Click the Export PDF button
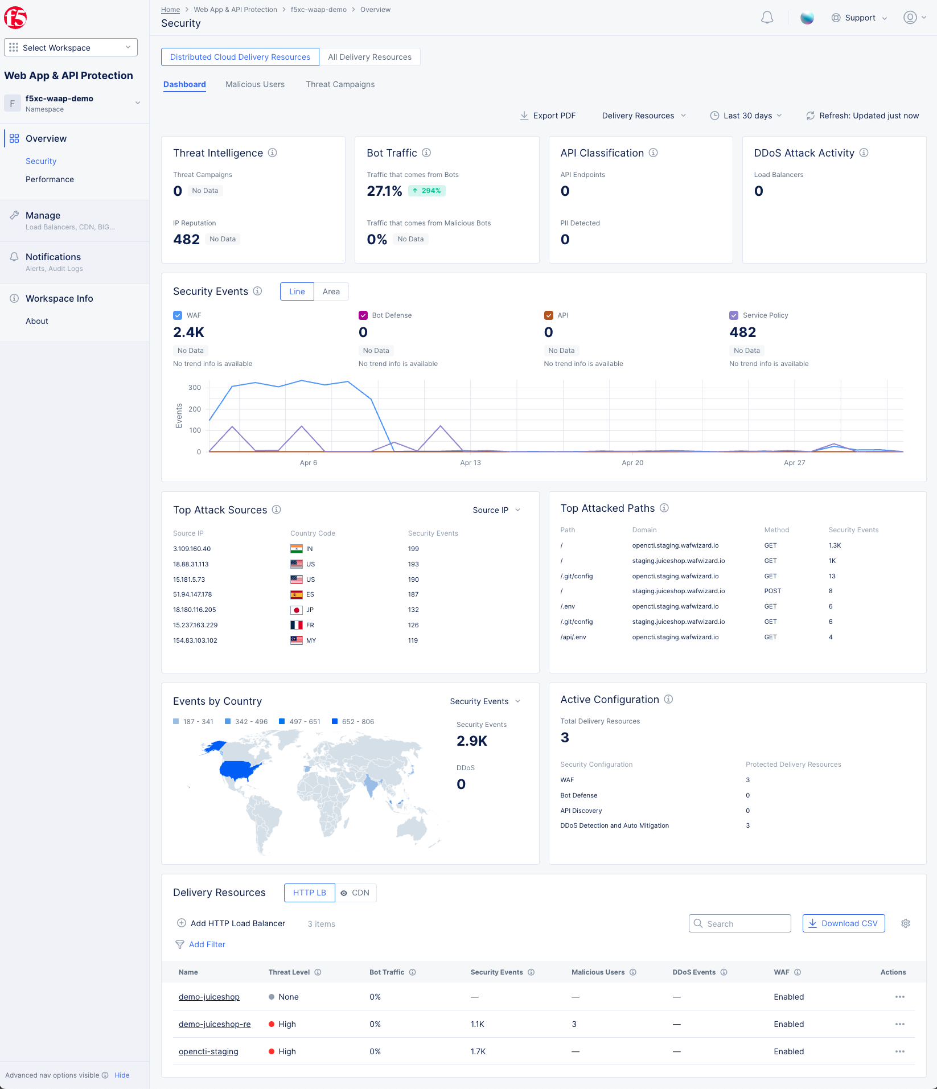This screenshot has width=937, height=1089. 548,116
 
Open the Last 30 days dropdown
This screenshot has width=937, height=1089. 746,116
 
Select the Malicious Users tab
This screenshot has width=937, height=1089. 255,84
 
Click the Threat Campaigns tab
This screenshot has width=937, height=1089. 340,84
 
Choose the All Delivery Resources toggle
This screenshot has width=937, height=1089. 369,57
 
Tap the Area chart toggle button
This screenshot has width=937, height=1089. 331,291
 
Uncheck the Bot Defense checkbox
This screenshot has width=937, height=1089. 363,315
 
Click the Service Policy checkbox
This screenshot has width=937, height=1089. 734,315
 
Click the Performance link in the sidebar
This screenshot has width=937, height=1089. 50,179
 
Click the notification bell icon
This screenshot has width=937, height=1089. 767,18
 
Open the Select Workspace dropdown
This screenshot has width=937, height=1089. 71,48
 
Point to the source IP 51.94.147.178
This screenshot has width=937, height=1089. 192,594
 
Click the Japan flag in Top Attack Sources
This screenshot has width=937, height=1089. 297,610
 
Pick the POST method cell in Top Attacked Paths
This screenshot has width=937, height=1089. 772,591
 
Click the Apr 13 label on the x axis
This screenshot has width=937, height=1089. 470,463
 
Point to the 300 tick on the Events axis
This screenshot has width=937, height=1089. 195,388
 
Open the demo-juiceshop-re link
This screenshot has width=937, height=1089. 215,1024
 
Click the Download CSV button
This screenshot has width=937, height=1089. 843,923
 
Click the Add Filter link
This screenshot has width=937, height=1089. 207,944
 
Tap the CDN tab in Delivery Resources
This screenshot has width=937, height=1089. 356,893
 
